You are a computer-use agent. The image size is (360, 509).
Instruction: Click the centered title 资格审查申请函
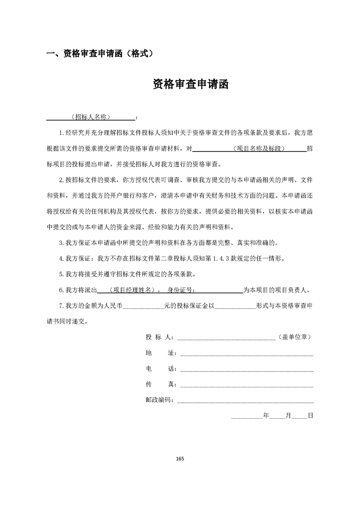pyautogui.click(x=190, y=84)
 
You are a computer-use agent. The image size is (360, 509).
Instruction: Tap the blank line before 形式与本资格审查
pyautogui.click(x=234, y=307)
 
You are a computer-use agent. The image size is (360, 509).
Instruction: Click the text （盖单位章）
pyautogui.click(x=294, y=337)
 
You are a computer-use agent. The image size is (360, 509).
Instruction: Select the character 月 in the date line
pyautogui.click(x=288, y=415)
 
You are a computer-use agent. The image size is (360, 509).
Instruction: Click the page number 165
pyautogui.click(x=180, y=458)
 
